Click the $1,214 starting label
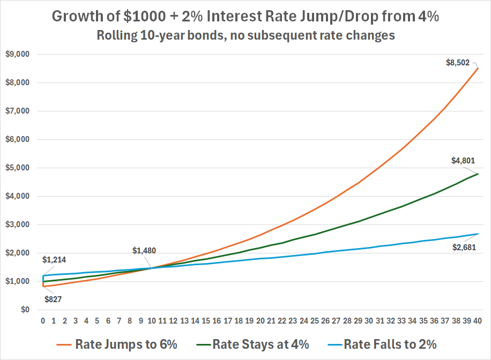pos(54,260)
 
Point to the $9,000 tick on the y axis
pos(18,54)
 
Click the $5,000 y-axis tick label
pos(18,168)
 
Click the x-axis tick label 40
pos(478,321)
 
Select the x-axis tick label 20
pos(260,321)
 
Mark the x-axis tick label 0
pos(43,321)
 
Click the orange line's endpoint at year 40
pos(478,69)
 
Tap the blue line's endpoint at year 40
pos(478,234)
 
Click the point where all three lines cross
pos(152,268)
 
